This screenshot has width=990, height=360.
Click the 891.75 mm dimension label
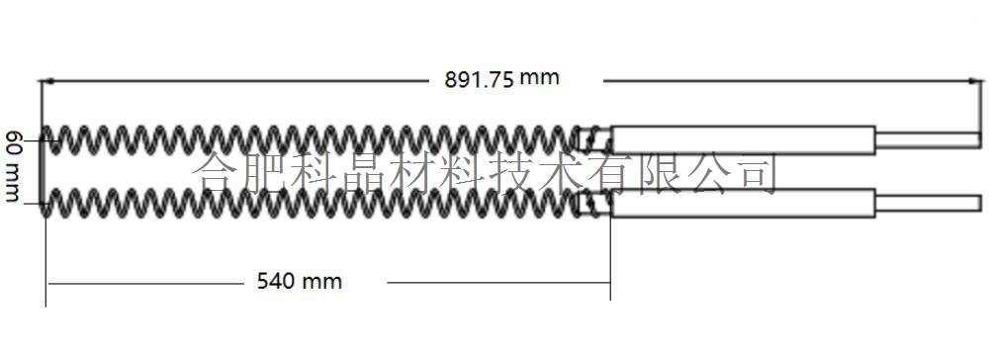click(502, 79)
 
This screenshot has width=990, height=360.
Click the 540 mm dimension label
click(300, 281)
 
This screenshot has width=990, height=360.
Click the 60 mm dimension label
click(12, 166)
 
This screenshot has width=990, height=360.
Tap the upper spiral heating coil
click(311, 140)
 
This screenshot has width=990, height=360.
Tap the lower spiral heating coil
click(311, 204)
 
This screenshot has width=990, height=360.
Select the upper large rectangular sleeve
click(743, 140)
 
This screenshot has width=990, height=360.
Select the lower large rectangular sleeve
click(743, 204)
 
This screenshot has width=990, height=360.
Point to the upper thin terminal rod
click(928, 140)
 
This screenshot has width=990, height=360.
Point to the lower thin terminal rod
click(928, 203)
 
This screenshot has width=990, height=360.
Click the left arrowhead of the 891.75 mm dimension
click(45, 81)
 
